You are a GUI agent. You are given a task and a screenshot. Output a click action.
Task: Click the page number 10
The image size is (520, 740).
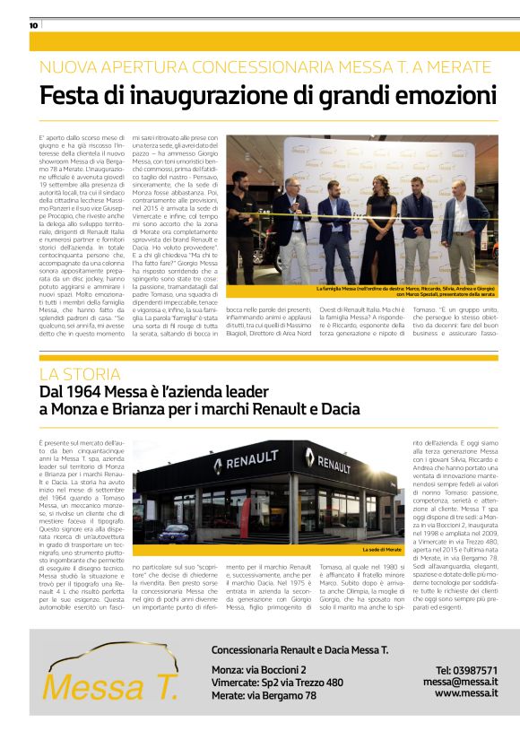coord(33,25)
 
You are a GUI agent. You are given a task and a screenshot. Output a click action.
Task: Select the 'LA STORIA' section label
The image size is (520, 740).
coord(80,374)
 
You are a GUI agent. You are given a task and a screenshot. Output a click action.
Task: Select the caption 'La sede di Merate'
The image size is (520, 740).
coord(380,549)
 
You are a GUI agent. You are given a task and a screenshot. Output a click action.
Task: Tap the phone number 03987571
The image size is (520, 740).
coord(466,670)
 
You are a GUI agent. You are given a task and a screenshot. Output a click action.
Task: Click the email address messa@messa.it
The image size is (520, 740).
coord(461,682)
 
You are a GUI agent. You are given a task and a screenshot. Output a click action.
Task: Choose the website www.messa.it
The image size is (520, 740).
coord(466,693)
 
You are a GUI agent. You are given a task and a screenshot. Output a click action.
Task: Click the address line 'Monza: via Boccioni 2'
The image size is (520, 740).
coord(258,670)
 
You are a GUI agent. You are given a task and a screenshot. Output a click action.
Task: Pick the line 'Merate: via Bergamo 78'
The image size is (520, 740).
coord(264,695)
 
